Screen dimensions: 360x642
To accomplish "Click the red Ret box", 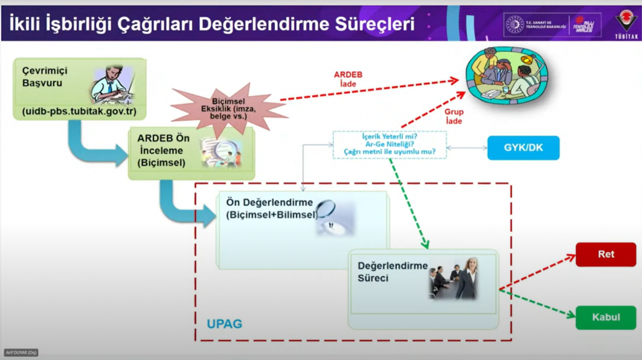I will [x=605, y=255].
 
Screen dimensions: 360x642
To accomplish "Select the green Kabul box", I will [x=605, y=317].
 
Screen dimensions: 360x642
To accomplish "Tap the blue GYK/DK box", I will [x=523, y=148].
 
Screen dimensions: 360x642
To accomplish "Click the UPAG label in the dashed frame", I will [x=224, y=324].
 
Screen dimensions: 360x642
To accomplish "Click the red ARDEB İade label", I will [x=348, y=79].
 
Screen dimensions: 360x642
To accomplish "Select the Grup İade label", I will [x=454, y=116].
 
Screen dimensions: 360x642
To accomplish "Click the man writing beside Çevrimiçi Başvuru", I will [x=113, y=85].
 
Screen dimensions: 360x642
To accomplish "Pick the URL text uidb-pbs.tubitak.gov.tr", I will [x=79, y=112].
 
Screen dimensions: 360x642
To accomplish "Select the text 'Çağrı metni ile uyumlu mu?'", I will [x=390, y=152].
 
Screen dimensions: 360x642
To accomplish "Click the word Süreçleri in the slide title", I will [x=374, y=24].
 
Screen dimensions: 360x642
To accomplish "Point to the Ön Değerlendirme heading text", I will [x=269, y=203].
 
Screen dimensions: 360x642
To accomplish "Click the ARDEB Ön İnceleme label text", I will [x=163, y=151].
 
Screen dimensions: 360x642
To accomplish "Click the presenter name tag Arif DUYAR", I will [x=21, y=353].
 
